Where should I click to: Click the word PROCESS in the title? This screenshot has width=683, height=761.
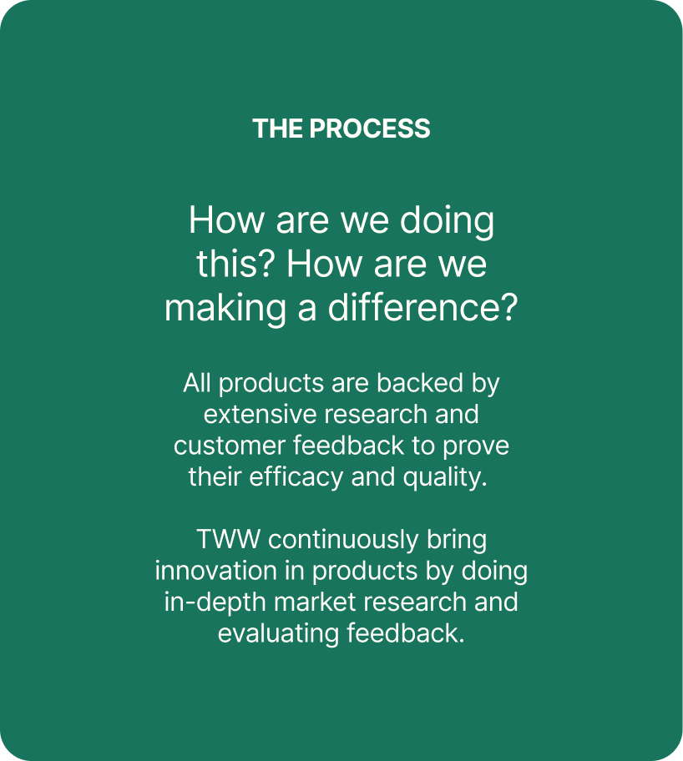pyautogui.click(x=370, y=129)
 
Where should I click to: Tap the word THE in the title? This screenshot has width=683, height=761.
pyautogui.click(x=278, y=129)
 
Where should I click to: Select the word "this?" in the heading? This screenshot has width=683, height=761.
pyautogui.click(x=236, y=264)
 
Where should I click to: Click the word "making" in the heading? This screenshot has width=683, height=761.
pyautogui.click(x=225, y=309)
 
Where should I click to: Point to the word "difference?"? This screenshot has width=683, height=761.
pyautogui.click(x=423, y=307)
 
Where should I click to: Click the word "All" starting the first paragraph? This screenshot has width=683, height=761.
pyautogui.click(x=197, y=383)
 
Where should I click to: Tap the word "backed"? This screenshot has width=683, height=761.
pyautogui.click(x=420, y=383)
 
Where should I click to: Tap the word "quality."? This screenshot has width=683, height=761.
pyautogui.click(x=445, y=477)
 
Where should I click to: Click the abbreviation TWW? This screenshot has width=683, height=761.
pyautogui.click(x=228, y=540)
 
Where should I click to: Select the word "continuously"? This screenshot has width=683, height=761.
pyautogui.click(x=343, y=541)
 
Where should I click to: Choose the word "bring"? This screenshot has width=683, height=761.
pyautogui.click(x=457, y=541)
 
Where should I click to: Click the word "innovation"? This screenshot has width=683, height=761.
pyautogui.click(x=216, y=571)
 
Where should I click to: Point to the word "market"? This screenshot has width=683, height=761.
pyautogui.click(x=316, y=602)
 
